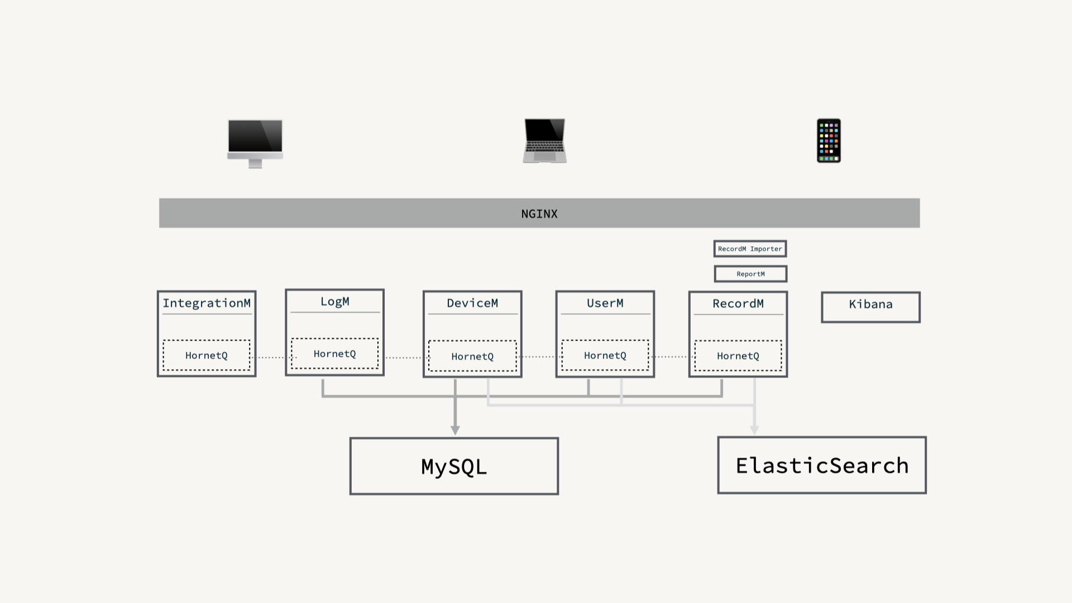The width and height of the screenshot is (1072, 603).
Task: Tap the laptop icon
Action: [544, 141]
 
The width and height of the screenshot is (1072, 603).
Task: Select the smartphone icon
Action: [829, 141]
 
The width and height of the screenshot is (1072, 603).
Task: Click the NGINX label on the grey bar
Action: [539, 214]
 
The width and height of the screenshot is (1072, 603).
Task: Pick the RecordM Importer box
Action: [750, 249]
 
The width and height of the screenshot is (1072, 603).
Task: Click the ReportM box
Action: [750, 274]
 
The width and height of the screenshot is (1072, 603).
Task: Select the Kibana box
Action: [870, 307]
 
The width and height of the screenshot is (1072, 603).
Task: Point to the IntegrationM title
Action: [207, 303]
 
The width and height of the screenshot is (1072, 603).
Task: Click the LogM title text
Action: [334, 301]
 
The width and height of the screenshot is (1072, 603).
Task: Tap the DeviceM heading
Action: [472, 303]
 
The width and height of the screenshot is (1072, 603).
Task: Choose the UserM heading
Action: [605, 303]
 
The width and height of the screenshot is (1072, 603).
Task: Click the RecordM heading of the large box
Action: [738, 304]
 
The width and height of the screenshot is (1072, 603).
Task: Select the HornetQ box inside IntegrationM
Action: [207, 356]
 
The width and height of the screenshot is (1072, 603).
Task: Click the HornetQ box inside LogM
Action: [334, 354]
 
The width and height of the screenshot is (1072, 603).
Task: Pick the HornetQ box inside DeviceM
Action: [472, 356]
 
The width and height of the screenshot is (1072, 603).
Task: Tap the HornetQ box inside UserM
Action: [605, 356]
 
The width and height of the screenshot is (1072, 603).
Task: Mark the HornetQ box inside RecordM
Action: [738, 356]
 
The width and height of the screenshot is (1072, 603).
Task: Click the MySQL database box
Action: [454, 466]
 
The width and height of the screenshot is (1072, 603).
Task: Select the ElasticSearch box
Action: [822, 465]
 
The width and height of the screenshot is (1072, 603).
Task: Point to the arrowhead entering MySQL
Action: [455, 430]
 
